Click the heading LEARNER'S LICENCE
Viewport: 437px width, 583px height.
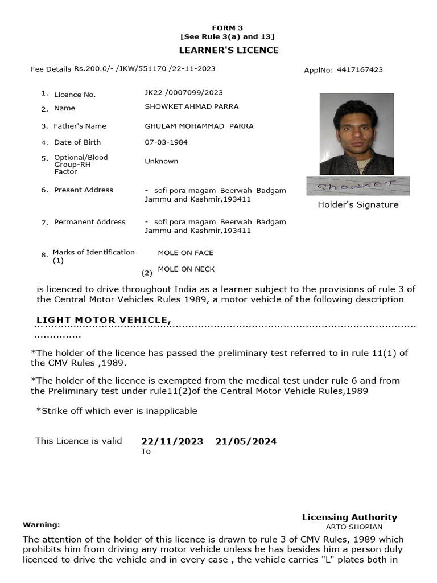(x=229, y=50)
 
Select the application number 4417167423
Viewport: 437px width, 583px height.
(x=360, y=70)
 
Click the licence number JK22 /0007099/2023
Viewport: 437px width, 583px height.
(x=184, y=92)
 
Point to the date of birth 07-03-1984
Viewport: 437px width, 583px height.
(x=166, y=142)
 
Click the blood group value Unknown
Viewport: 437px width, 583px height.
(x=162, y=161)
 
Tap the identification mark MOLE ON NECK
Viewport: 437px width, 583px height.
(x=186, y=269)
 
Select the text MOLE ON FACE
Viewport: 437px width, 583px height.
(x=185, y=252)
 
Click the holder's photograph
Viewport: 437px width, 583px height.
(x=356, y=134)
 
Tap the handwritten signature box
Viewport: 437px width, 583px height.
(x=358, y=186)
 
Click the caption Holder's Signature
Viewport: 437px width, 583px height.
(x=358, y=204)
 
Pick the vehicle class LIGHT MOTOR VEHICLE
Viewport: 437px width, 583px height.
(x=104, y=320)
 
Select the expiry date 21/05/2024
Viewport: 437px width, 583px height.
(x=246, y=441)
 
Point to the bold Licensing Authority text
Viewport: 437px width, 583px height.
(x=349, y=517)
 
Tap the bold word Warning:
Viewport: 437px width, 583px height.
(x=41, y=524)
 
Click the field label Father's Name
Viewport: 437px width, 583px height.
(x=80, y=126)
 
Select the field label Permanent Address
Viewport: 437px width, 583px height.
(x=89, y=221)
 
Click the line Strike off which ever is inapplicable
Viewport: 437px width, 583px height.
(x=117, y=410)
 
